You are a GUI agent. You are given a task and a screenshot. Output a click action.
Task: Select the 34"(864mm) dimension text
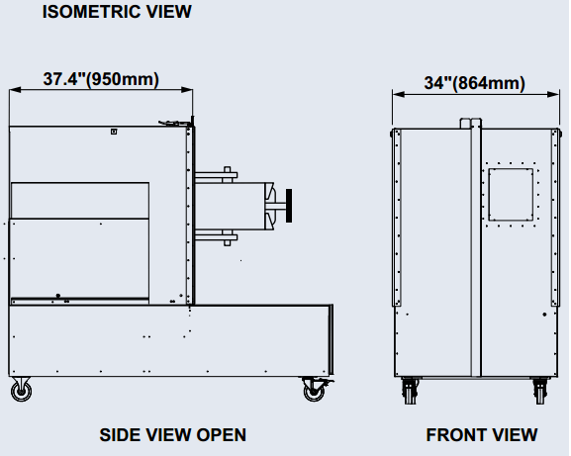click(x=474, y=83)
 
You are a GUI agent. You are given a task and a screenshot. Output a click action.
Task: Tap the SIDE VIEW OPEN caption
click(x=173, y=434)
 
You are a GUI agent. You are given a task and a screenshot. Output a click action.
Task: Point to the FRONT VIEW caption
click(x=482, y=434)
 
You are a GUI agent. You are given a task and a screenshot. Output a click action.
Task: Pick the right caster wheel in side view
click(x=314, y=391)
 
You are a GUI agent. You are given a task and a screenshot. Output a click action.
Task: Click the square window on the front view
click(x=510, y=195)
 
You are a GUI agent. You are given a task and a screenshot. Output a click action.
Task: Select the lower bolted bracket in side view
click(x=218, y=236)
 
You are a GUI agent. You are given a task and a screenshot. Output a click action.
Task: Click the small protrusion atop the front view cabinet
click(x=469, y=124)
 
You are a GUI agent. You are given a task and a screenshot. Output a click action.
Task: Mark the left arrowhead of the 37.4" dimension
click(x=13, y=90)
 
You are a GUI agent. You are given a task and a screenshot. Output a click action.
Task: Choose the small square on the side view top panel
click(x=114, y=131)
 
